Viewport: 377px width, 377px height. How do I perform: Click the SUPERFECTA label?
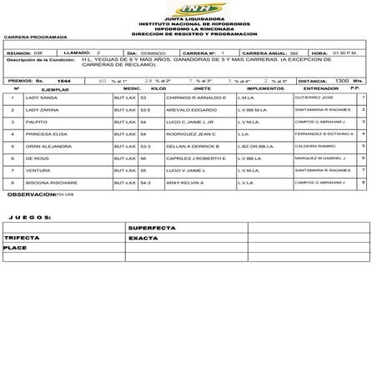[x=148, y=227]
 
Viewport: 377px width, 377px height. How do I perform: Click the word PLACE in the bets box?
[x=15, y=248]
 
